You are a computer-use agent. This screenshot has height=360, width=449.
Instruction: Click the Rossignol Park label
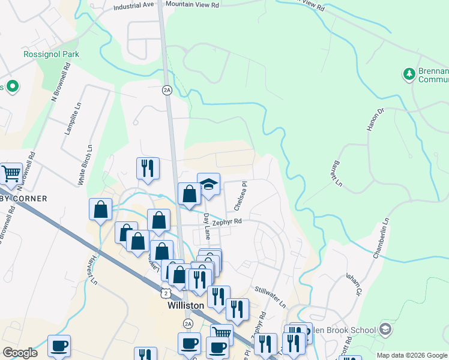[x=51, y=54]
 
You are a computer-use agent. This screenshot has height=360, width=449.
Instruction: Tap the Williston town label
[x=185, y=305]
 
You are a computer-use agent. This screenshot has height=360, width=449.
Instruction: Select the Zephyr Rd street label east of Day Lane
[x=229, y=221]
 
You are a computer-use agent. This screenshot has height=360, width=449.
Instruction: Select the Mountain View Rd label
[x=192, y=4]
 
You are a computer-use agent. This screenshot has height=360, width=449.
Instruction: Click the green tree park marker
[x=409, y=74]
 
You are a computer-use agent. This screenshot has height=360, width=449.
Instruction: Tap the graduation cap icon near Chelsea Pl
[x=209, y=184]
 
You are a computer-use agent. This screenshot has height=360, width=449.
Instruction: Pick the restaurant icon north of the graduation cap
[x=148, y=169]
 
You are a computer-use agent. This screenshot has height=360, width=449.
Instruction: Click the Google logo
[x=20, y=353]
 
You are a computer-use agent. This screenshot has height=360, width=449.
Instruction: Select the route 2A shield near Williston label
[x=188, y=324]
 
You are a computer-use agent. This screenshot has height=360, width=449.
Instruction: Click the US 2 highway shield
[x=166, y=292]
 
